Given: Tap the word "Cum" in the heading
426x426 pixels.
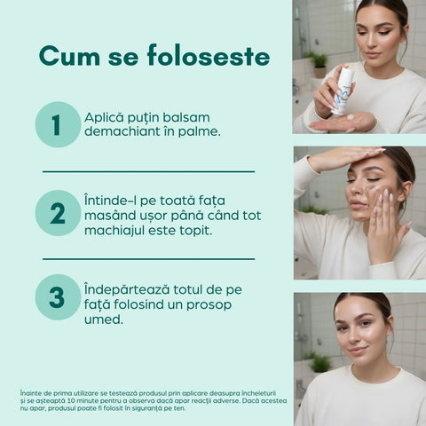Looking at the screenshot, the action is (x=69, y=56).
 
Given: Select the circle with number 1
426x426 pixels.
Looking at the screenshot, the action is (x=58, y=124).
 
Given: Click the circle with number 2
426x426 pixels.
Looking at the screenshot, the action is (x=58, y=213).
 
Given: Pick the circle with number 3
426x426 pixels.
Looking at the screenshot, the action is (x=58, y=297).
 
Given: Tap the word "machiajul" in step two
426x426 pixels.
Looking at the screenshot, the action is (x=114, y=231).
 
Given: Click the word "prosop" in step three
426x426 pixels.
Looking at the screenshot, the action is (x=209, y=305).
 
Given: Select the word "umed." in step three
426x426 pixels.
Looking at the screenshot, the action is (x=104, y=319).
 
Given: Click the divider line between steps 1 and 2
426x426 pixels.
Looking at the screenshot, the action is (x=148, y=171).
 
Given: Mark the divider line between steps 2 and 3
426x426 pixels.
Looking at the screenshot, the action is (x=148, y=259).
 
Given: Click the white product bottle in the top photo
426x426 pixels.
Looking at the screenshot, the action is (x=343, y=91).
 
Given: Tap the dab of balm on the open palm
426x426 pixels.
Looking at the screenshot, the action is (x=351, y=117).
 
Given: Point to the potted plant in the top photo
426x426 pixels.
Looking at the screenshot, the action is (x=319, y=65).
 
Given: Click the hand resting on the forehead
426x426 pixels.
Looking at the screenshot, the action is (x=346, y=158).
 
